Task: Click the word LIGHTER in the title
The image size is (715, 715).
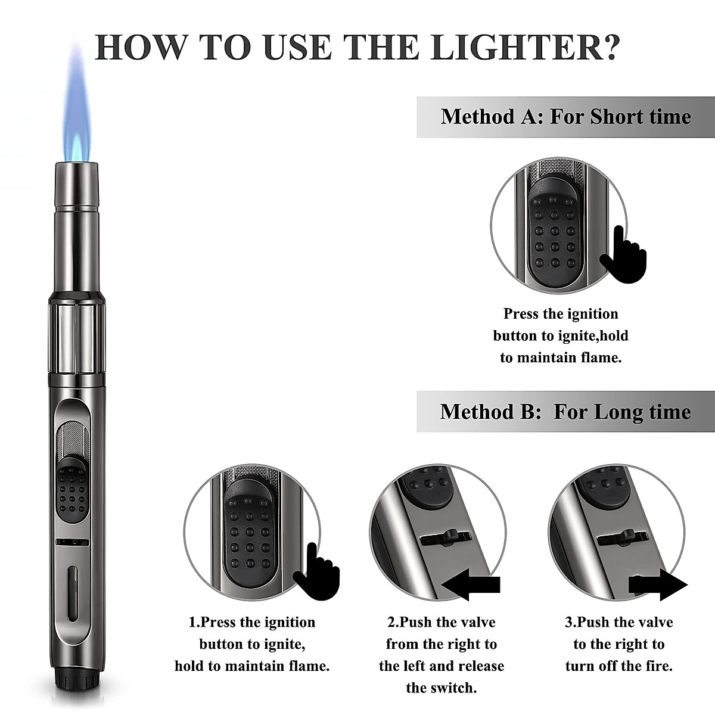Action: point(524,46)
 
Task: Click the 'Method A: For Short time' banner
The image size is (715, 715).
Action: point(565,116)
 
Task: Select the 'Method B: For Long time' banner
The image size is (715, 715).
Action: point(565,412)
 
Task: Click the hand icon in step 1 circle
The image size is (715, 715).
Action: point(316,573)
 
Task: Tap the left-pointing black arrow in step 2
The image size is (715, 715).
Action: point(474,586)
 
